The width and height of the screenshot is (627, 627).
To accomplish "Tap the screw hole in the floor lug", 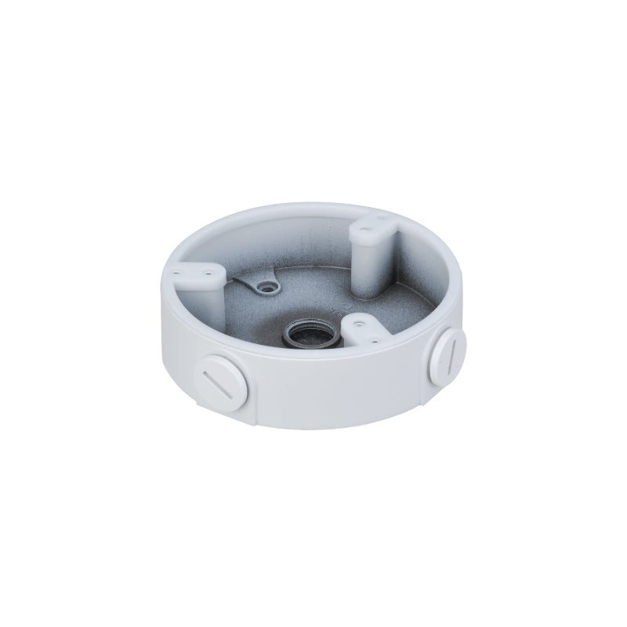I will pos(273,286).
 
